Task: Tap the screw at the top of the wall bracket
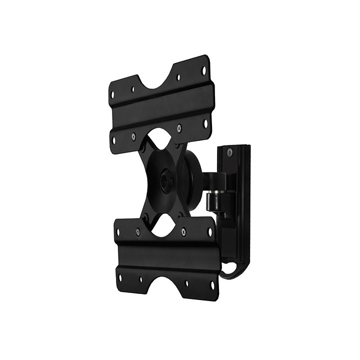tap(229, 152)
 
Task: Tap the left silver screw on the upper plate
tap(133, 135)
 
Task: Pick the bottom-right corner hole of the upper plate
tap(205, 121)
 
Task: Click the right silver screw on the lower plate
tap(183, 230)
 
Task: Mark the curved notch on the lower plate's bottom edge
tap(167, 289)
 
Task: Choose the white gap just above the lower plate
tap(161, 228)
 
